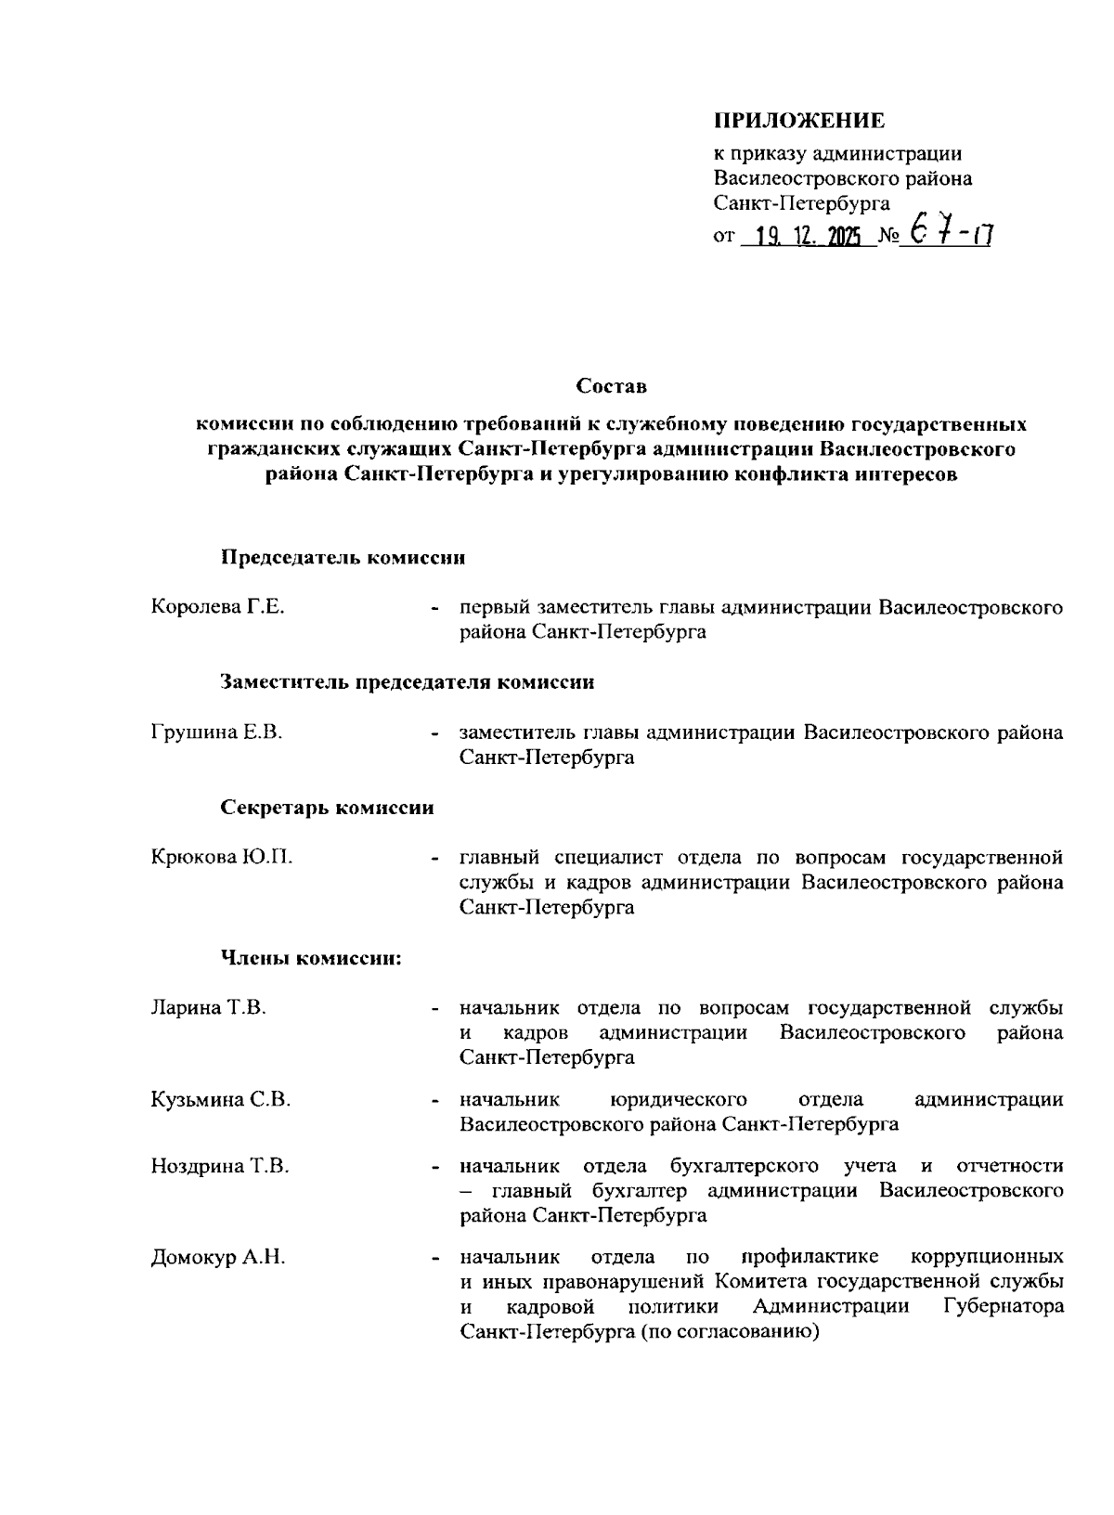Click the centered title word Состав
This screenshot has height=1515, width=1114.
click(x=611, y=384)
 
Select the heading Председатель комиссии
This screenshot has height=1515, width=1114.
click(x=343, y=558)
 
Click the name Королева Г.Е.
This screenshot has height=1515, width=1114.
click(x=217, y=608)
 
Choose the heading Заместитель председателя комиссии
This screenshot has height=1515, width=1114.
click(x=408, y=682)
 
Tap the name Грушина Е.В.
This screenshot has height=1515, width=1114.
click(x=216, y=732)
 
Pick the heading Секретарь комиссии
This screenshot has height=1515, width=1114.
click(x=328, y=808)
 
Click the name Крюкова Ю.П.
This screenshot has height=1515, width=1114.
click(x=221, y=858)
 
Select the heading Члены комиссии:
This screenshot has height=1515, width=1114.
click(x=311, y=958)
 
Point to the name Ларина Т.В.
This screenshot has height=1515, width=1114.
click(x=208, y=1008)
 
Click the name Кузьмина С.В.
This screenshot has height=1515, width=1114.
click(x=221, y=1101)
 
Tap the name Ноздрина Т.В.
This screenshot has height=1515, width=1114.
click(x=220, y=1166)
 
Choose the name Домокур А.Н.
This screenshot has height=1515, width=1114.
click(x=217, y=1259)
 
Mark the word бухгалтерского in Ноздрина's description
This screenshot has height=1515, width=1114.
click(x=745, y=1166)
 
